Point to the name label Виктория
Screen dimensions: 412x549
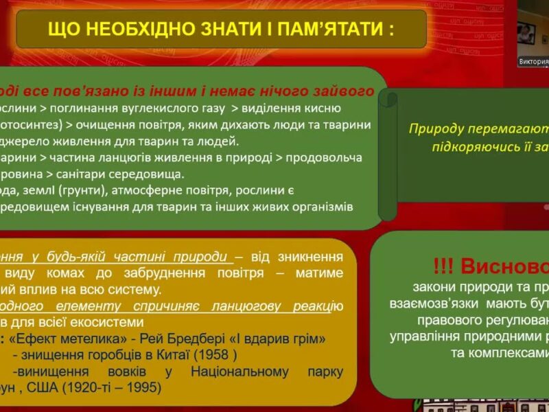click(x=533, y=61)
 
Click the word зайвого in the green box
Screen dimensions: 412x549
click(x=338, y=91)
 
